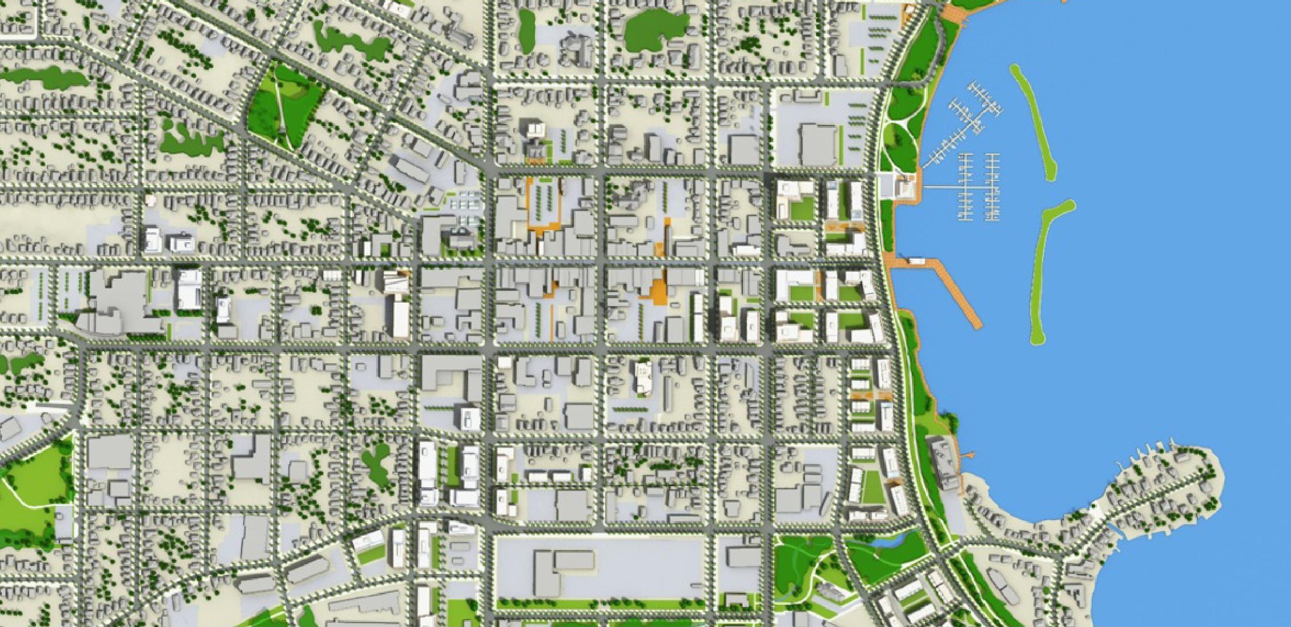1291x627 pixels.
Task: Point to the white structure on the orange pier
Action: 918,261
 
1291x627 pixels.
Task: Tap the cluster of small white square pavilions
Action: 465,203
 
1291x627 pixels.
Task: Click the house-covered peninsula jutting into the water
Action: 1159,485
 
